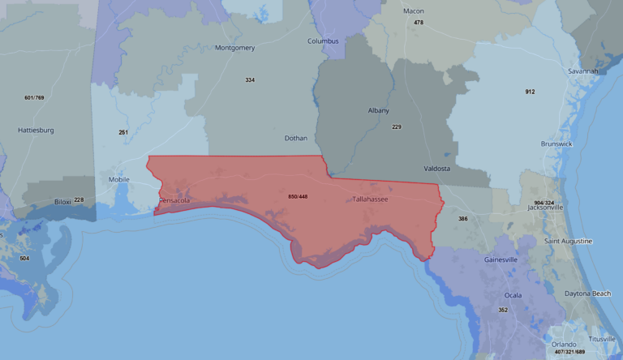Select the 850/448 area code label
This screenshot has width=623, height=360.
[298, 196]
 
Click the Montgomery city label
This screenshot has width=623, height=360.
[235, 48]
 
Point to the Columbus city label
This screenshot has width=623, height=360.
[323, 41]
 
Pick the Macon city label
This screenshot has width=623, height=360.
[414, 11]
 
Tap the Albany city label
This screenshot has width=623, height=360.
[378, 110]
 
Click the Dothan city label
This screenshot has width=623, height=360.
[296, 138]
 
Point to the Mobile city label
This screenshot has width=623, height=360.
[118, 180]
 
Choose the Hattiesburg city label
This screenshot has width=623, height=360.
[36, 130]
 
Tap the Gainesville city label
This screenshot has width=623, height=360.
[501, 259]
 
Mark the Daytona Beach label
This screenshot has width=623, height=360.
[588, 293]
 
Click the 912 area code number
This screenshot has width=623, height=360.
[530, 92]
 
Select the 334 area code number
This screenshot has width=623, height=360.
[250, 79]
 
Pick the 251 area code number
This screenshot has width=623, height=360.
[123, 132]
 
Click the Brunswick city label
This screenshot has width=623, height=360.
[556, 144]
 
